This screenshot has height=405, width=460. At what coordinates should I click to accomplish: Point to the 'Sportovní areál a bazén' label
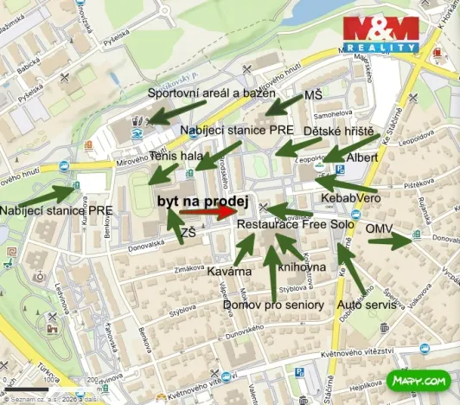(x=211, y=93)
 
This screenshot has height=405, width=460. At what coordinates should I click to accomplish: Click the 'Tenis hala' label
(x=175, y=157)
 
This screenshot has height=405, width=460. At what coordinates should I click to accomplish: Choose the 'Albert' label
(x=361, y=158)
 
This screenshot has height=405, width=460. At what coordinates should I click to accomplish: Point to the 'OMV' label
(x=380, y=228)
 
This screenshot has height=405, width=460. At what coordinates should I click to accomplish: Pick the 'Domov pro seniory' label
(x=272, y=305)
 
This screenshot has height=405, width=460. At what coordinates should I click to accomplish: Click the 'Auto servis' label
(x=367, y=305)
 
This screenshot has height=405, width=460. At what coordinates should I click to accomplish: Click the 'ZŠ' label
(x=188, y=232)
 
